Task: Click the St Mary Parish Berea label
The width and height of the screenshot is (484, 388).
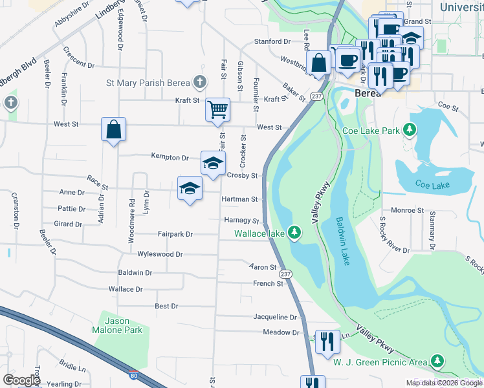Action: (148, 83)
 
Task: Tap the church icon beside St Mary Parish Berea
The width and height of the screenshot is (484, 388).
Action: (201, 83)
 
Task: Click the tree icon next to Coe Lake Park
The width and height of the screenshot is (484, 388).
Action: (409, 130)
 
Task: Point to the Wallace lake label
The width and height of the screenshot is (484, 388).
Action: (259, 233)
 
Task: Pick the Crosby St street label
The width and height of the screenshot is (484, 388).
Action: (243, 175)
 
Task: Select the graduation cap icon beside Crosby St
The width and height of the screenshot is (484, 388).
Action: (212, 162)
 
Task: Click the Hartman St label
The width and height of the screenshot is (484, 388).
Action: (240, 200)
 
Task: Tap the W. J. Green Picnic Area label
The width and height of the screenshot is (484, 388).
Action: (380, 361)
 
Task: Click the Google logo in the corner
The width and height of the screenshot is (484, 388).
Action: (21, 380)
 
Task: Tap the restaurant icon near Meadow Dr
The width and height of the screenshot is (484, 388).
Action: (327, 340)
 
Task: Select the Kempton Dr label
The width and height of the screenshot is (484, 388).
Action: (170, 157)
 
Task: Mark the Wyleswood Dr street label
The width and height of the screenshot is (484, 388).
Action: (160, 255)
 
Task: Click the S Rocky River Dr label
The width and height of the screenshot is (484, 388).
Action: (395, 232)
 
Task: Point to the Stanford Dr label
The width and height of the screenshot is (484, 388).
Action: (272, 41)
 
